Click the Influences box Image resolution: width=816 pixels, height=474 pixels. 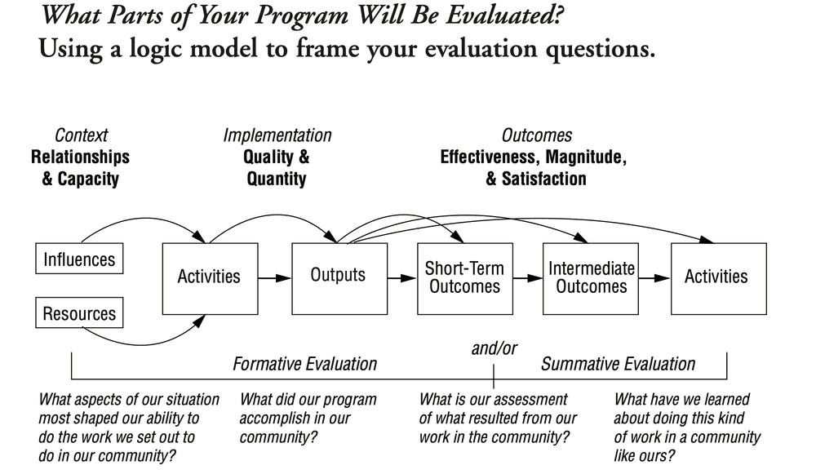[79, 260]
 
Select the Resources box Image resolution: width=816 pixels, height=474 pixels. [79, 313]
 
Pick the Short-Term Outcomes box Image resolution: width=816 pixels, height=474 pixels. [464, 277]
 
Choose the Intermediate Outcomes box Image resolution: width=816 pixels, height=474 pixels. [592, 277]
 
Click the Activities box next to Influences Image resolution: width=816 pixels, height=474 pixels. [210, 277]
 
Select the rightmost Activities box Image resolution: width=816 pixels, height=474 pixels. [716, 277]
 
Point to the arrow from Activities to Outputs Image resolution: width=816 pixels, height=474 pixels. [275, 277]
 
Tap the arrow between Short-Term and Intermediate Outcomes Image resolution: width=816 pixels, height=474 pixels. [527, 277]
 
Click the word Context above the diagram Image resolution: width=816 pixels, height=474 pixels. [81, 135]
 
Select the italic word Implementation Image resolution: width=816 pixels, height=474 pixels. [277, 135]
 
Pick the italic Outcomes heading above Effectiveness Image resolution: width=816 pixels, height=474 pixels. [536, 135]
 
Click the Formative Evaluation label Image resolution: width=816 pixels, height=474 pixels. [305, 364]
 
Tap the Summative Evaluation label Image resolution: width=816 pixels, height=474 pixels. [619, 364]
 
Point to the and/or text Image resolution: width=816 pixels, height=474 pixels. [494, 348]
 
